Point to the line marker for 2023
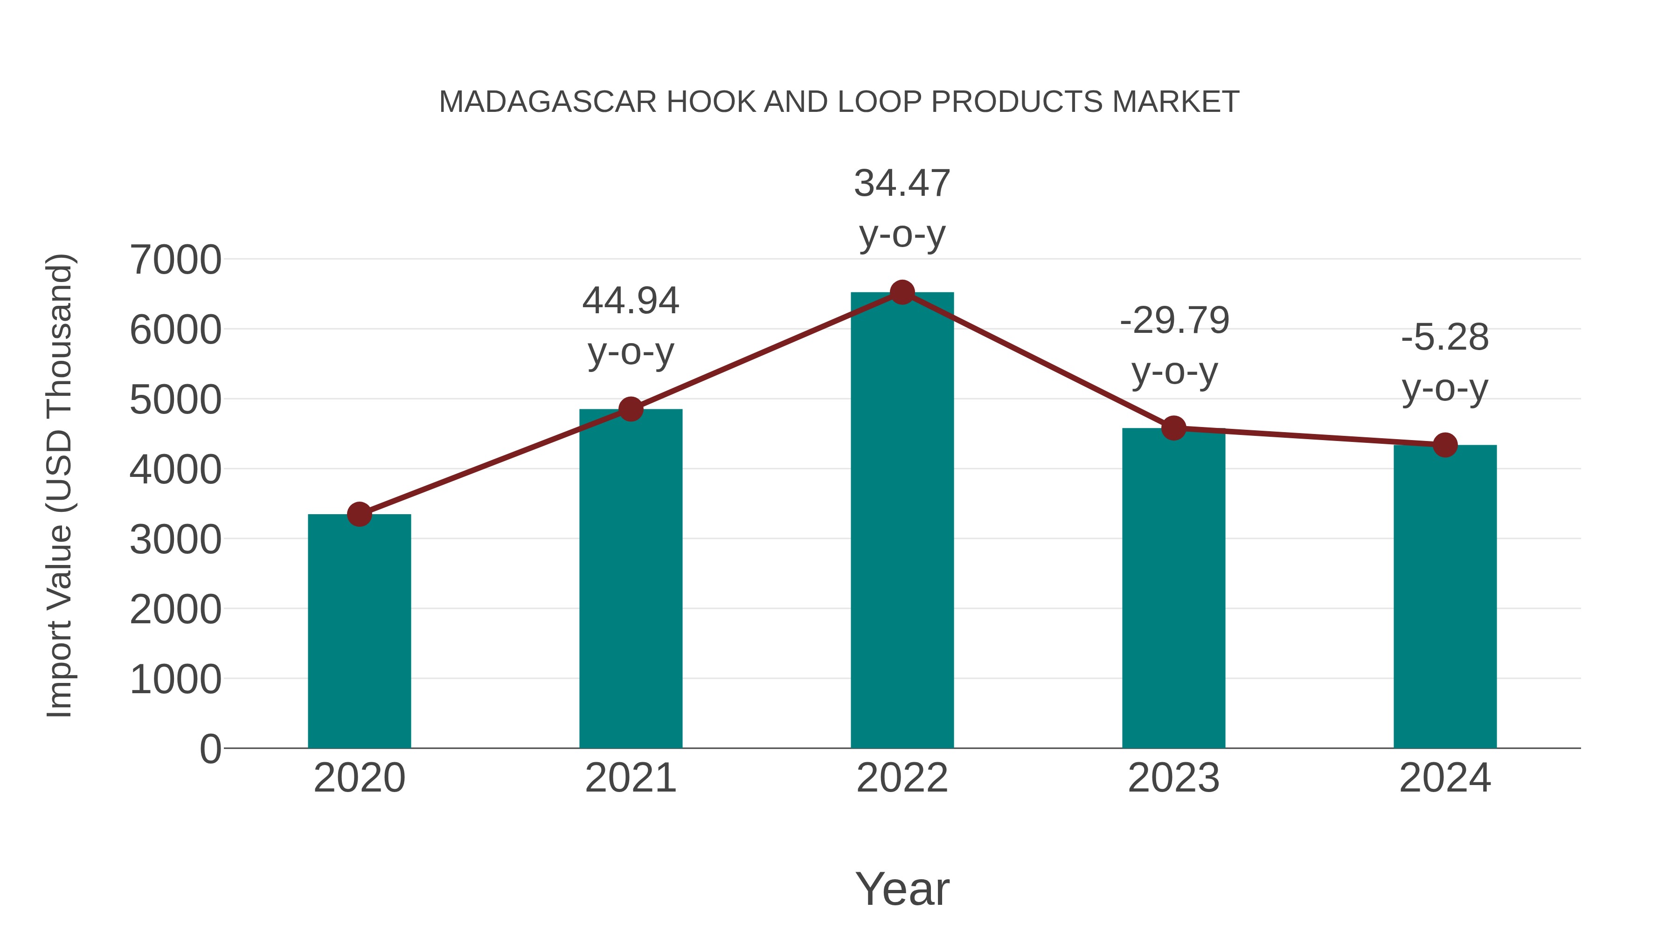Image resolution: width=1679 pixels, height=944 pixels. (1173, 428)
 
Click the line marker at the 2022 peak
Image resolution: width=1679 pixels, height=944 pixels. (902, 292)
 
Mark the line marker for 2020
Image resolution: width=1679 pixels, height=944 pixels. (359, 514)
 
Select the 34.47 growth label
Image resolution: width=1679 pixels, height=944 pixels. (902, 183)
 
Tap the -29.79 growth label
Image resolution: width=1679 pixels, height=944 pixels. (1174, 321)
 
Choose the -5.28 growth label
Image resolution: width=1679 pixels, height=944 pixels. (1445, 338)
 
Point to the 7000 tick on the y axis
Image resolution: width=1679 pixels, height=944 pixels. (175, 260)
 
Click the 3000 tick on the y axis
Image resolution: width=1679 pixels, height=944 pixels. (175, 539)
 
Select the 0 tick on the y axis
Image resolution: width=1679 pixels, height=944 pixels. (210, 749)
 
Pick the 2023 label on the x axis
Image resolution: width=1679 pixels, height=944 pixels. (1173, 778)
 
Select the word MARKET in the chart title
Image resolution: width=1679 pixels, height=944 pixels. (1175, 102)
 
